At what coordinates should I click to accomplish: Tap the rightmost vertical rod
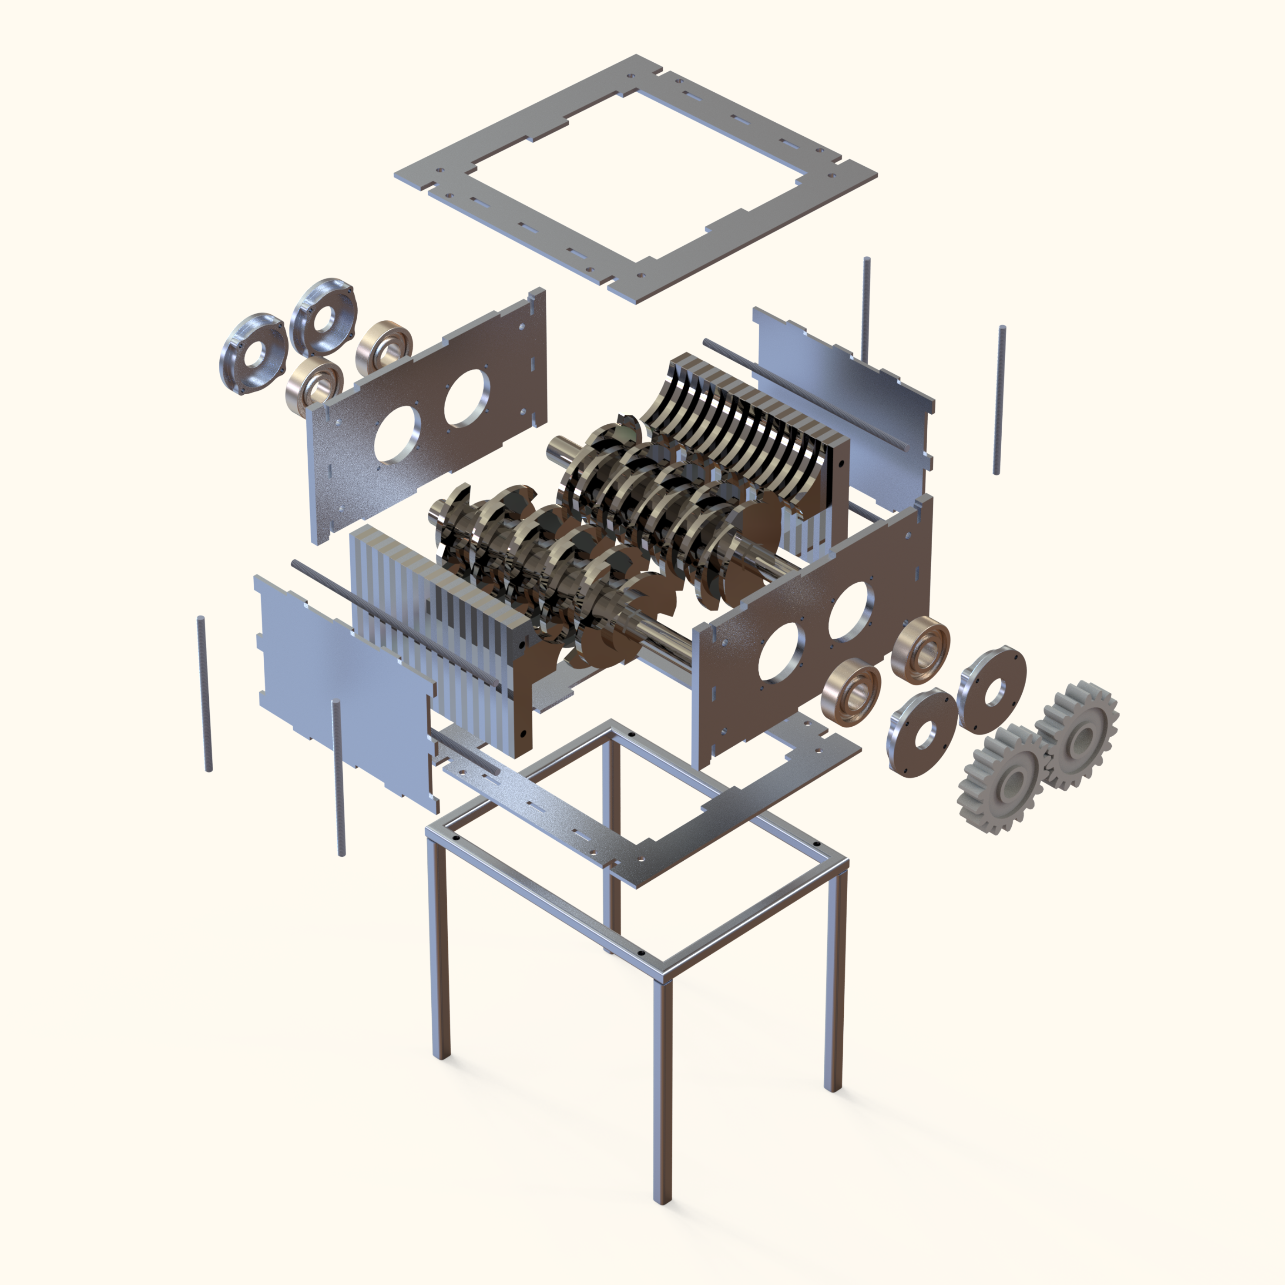coord(999,399)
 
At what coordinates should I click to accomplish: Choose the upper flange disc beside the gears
coord(991,689)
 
